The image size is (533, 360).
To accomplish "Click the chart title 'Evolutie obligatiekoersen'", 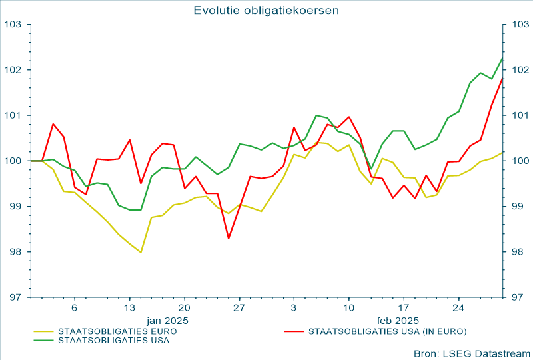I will coord(266,10).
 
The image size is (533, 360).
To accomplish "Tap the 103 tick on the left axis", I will coord(14,25).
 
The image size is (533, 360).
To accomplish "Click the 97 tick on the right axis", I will coord(517,297).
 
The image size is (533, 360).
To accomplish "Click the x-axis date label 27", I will coord(239,308).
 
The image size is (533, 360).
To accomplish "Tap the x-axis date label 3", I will coord(294,308).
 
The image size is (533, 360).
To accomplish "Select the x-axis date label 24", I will coord(458,308).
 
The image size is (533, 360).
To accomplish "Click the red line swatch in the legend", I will coord(294,330).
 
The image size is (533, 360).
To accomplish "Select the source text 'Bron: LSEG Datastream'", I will coord(472,353).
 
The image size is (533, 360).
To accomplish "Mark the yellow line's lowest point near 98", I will coord(141,252).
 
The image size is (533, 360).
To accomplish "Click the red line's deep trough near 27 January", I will coord(229,238).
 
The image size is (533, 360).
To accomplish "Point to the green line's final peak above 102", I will coord(502,57).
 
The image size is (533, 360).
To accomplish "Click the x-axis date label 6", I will coord(75,308).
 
